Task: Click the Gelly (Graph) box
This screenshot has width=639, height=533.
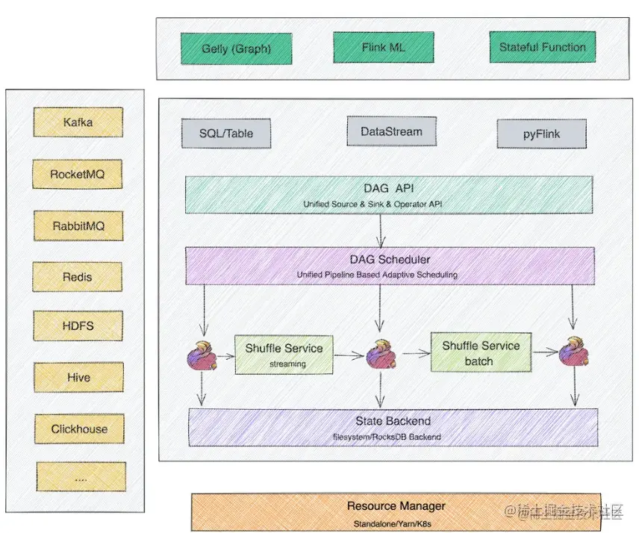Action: pyautogui.click(x=236, y=49)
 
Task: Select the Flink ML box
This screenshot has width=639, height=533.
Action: pyautogui.click(x=383, y=48)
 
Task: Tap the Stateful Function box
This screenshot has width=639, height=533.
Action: pyautogui.click(x=543, y=47)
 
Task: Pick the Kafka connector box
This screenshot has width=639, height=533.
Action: pyautogui.click(x=78, y=122)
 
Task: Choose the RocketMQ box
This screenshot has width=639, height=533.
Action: pyautogui.click(x=78, y=175)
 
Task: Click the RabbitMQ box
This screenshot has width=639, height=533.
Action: pyautogui.click(x=78, y=225)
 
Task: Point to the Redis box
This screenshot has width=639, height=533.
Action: pyautogui.click(x=78, y=277)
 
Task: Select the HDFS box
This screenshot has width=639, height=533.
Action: pyautogui.click(x=78, y=326)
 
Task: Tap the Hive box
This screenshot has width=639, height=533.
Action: pyautogui.click(x=78, y=378)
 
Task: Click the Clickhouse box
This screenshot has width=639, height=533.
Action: pyautogui.click(x=79, y=429)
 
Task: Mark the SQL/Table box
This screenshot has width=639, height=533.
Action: pyautogui.click(x=226, y=134)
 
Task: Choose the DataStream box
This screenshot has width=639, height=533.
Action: pyautogui.click(x=391, y=131)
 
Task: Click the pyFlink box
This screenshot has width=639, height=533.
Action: pyautogui.click(x=542, y=135)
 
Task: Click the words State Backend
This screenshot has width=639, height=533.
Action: pyautogui.click(x=393, y=421)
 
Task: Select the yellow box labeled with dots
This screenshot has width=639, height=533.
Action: pyautogui.click(x=81, y=476)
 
